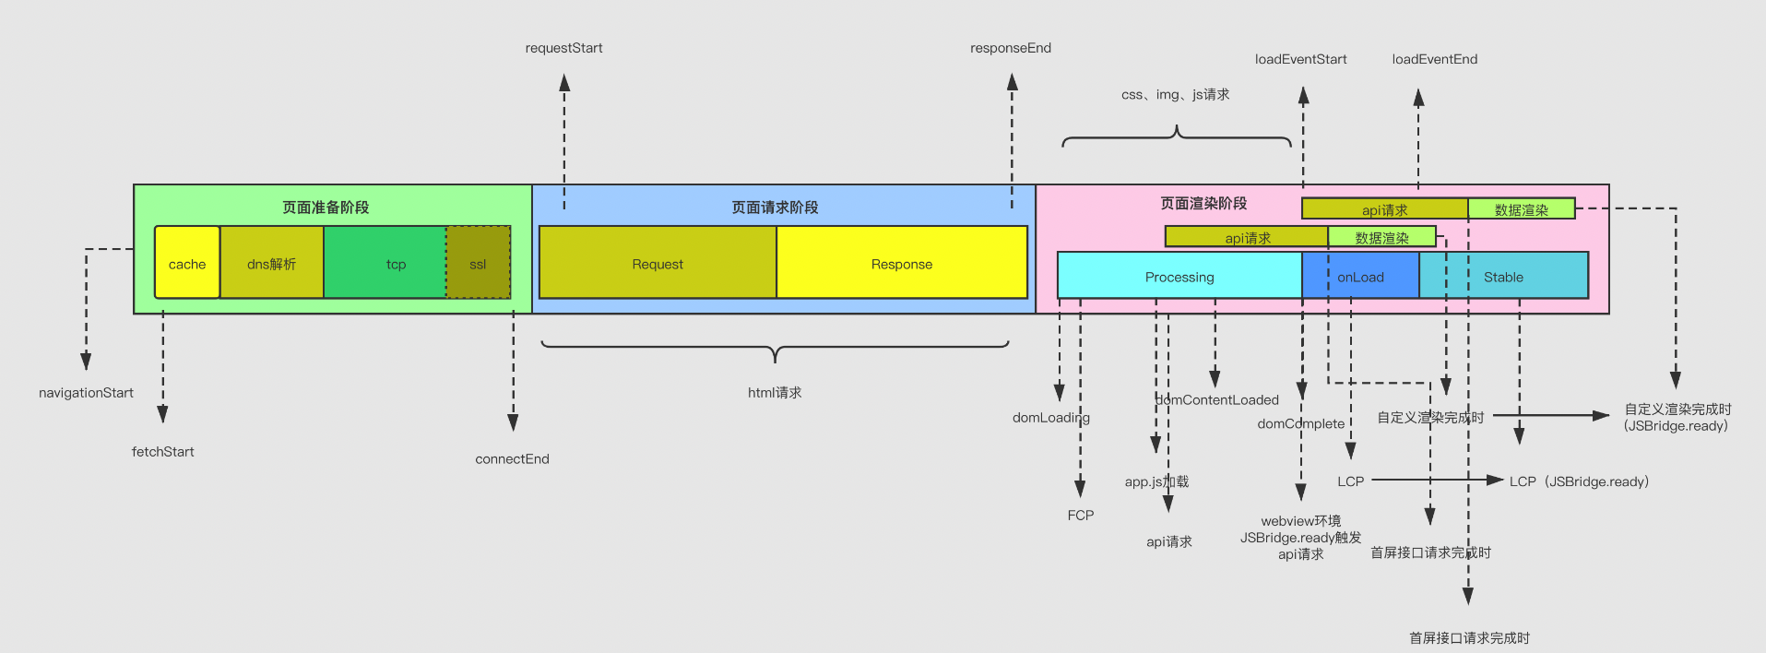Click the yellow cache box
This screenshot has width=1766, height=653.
coord(187,264)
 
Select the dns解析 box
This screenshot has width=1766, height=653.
coord(271,264)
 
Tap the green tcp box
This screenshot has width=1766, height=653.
coord(396,264)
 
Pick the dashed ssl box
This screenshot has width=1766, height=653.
coord(478,264)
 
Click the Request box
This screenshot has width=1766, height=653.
coord(658,264)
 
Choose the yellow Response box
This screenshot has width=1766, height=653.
coord(902,264)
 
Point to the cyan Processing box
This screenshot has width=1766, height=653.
coord(1179,277)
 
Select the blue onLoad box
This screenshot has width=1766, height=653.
coord(1360,277)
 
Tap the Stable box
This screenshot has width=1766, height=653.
coord(1503,277)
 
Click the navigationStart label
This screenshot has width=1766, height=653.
coord(86,393)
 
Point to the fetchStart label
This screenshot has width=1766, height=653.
coord(163,452)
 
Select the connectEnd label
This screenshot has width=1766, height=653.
coord(512,459)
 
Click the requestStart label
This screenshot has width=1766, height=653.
coord(563,48)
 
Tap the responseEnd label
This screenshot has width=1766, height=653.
coord(1011,48)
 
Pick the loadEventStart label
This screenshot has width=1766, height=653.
coord(1300,59)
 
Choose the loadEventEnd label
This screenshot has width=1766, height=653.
coord(1435,59)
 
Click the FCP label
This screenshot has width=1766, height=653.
coord(1081,516)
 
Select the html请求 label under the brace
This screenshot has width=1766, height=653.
coord(775,393)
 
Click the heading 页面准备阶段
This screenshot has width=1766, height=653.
coord(326,208)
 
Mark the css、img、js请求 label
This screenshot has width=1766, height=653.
coord(1176,94)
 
